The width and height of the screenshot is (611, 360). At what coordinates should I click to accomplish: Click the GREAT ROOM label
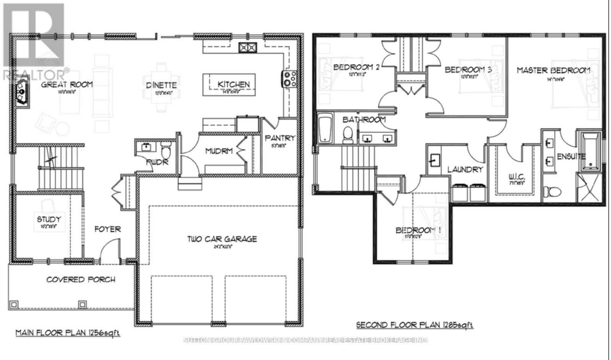tap(67, 84)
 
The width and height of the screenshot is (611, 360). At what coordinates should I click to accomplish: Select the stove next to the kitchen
tap(289, 79)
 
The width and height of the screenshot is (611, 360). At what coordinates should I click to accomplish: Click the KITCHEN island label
tap(233, 84)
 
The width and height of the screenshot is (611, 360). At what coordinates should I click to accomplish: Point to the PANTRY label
tap(280, 138)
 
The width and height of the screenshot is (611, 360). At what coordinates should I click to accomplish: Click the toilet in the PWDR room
tap(165, 151)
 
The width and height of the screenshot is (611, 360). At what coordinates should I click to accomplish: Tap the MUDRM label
tap(219, 151)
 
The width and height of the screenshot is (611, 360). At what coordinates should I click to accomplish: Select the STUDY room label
tap(49, 219)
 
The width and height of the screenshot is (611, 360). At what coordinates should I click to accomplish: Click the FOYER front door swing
tap(109, 250)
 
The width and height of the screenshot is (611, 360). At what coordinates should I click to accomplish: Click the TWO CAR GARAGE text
tap(222, 239)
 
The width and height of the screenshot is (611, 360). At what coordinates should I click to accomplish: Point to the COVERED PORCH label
tap(81, 279)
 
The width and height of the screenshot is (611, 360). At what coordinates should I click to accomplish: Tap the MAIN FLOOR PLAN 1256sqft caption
tap(68, 333)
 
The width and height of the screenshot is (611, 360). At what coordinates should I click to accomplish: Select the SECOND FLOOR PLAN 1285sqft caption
tap(415, 325)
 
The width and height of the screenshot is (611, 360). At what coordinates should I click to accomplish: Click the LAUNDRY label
tap(465, 169)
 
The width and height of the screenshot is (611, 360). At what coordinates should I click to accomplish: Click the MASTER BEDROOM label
tap(553, 70)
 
